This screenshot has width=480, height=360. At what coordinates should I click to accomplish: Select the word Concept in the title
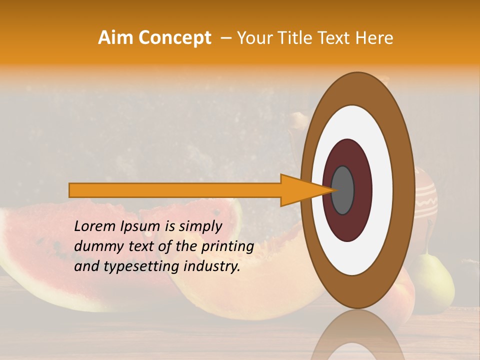click(x=174, y=38)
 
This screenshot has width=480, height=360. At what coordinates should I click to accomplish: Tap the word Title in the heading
click(x=297, y=38)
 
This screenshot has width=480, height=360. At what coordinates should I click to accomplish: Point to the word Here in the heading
click(x=374, y=38)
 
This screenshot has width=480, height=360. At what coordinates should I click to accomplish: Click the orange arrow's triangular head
click(x=300, y=190)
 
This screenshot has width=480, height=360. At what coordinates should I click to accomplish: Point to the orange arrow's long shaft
click(x=175, y=190)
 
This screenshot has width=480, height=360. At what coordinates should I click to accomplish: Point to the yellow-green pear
click(x=435, y=280)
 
